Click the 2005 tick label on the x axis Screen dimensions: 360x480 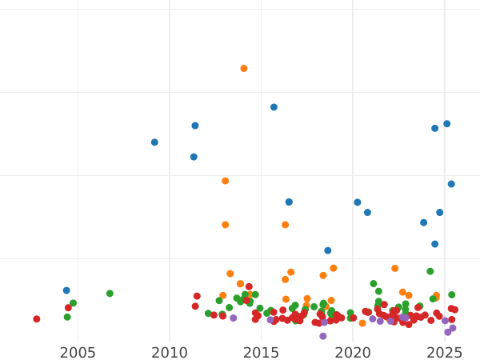coord(78,353)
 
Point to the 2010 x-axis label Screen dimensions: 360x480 coord(170,353)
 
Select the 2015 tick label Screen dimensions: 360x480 coord(261,353)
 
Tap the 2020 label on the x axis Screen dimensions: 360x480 coord(353,353)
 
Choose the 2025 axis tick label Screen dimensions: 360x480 coord(444,353)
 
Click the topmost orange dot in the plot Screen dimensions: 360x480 coord(244,69)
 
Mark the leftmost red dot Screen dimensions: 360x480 coord(37,319)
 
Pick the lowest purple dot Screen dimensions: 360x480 coord(323,336)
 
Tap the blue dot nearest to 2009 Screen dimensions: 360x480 coord(154,142)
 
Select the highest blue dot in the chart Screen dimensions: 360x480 coord(274,107)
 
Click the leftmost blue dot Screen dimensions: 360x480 coord(66,290)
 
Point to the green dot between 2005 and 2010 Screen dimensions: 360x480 coord(110,294)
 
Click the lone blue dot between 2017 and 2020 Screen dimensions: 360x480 coord(328,250)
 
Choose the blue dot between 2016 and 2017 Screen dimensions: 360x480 coord(289,202)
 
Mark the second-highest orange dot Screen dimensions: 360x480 coord(226,181)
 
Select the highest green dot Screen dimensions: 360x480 coord(430,271)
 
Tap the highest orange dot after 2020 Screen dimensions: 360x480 coord(395,269)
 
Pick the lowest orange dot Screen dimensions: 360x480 coord(362,323)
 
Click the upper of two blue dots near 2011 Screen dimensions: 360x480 coord(195,126)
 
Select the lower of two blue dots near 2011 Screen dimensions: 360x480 coord(194,157)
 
